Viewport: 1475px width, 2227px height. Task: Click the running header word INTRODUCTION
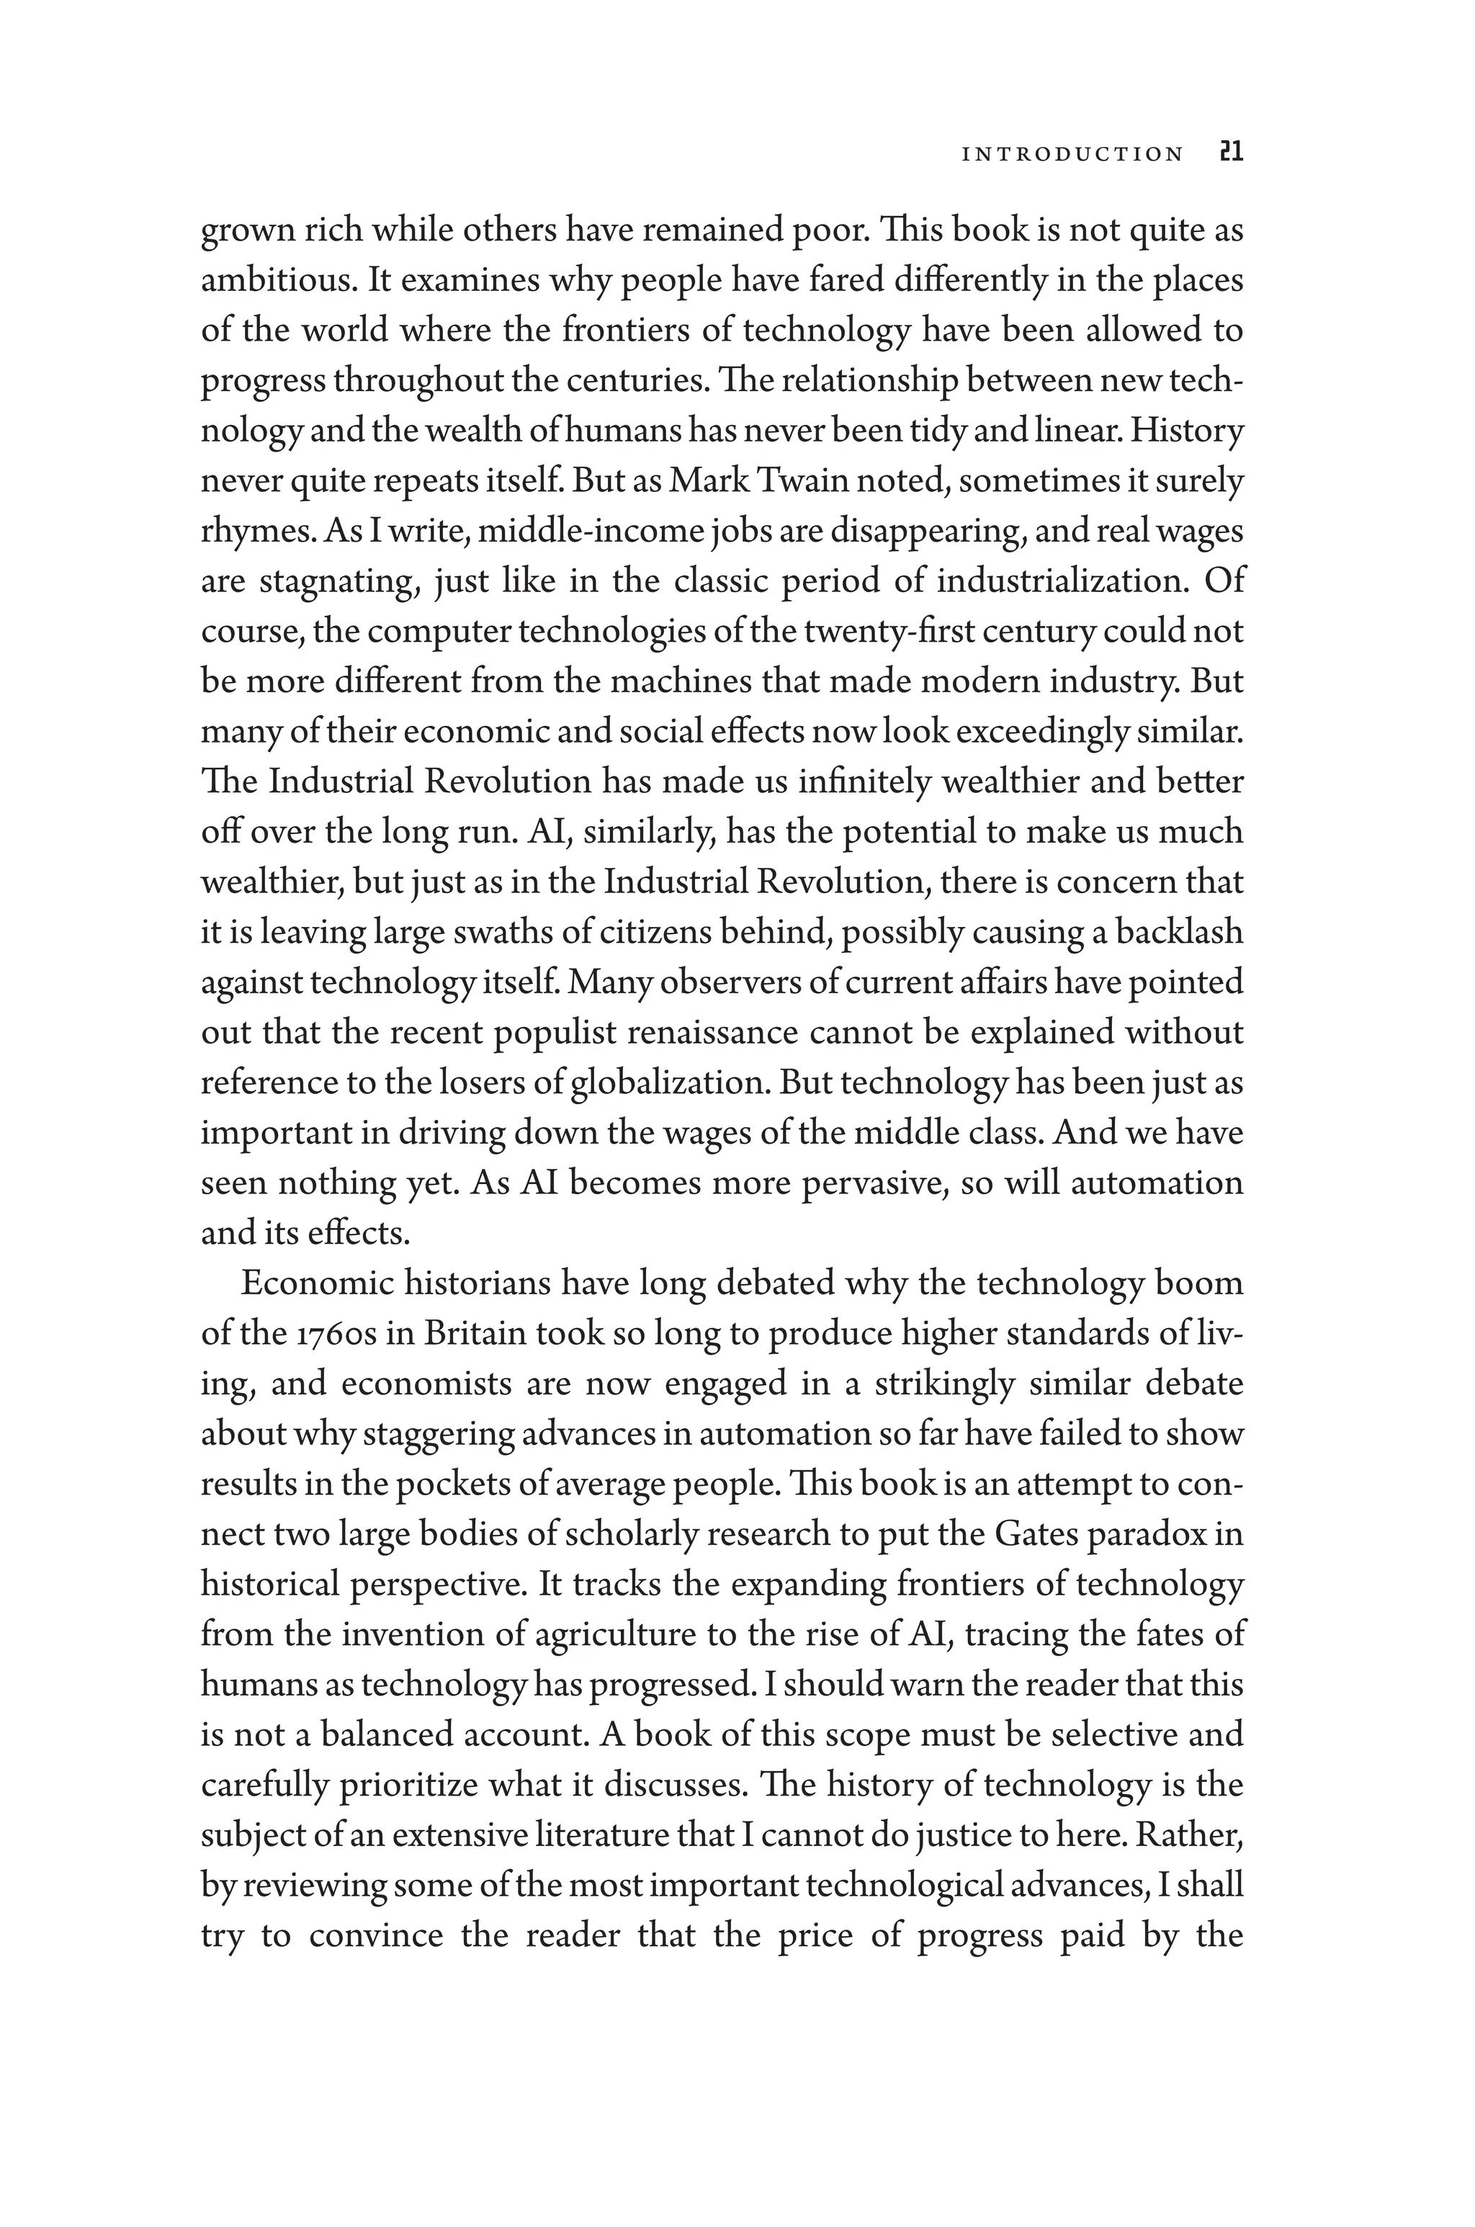coord(1072,154)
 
